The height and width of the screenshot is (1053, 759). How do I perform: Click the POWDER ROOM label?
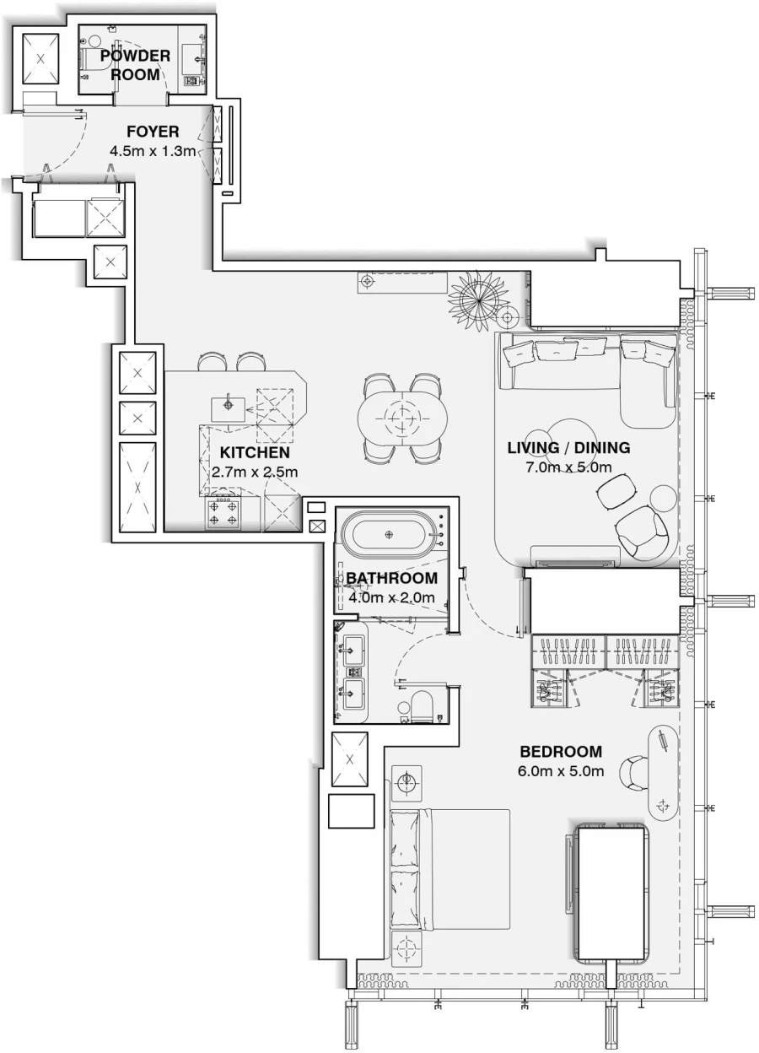coord(135,65)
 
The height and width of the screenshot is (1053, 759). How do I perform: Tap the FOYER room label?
coord(153,132)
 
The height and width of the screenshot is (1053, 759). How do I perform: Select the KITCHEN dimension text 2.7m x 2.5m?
coord(255,472)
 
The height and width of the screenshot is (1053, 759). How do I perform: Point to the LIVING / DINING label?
coord(568,448)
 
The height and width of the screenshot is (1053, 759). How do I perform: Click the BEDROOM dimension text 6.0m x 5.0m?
coord(561,771)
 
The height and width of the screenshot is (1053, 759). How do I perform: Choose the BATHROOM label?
coord(391,579)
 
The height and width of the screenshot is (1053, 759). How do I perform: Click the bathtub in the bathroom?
coord(389,534)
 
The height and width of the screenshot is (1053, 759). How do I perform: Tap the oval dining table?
coord(401,417)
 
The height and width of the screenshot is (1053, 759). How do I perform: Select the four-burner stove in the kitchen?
coord(223,513)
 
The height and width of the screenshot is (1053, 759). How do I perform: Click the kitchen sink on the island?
coord(229,406)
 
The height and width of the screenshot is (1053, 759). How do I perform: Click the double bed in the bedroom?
coord(450,869)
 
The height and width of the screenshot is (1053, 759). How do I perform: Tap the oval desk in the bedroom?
coord(664,773)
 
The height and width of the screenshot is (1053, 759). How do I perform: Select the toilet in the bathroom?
coord(422,707)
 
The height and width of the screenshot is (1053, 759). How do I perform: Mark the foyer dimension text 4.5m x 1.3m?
coord(153,151)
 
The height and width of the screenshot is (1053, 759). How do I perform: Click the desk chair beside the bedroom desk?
coord(632,771)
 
